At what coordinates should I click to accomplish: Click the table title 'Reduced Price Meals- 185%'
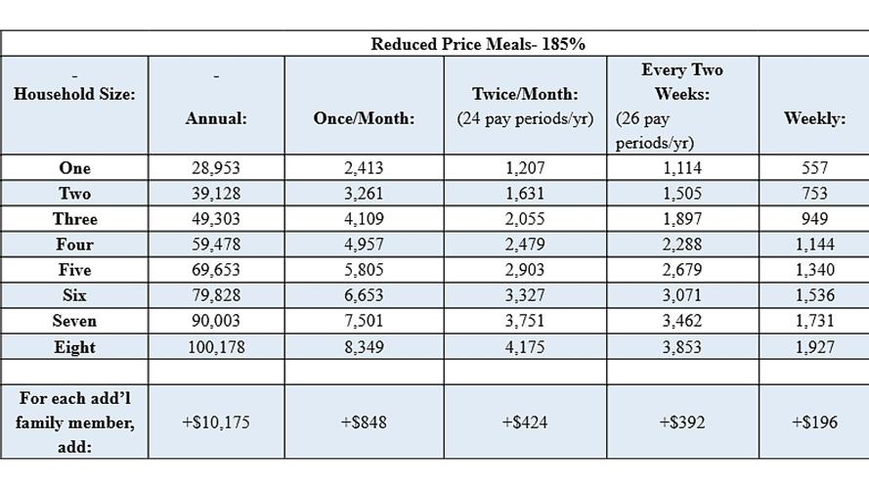(x=477, y=44)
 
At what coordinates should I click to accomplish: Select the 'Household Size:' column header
(x=74, y=95)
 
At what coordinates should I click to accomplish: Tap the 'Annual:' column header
(x=216, y=118)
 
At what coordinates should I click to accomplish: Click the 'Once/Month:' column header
(x=364, y=118)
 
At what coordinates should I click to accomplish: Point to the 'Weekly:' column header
(x=813, y=118)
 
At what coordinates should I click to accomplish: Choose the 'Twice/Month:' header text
(x=525, y=95)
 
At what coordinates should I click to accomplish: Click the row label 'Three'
(x=75, y=219)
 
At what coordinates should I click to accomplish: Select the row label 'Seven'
(x=75, y=321)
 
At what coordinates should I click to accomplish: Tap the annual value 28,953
(x=216, y=168)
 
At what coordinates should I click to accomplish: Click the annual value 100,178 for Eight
(x=216, y=346)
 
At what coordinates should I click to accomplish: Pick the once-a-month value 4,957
(x=364, y=244)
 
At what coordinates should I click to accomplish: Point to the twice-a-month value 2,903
(x=525, y=270)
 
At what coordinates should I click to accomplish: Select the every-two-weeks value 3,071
(x=682, y=295)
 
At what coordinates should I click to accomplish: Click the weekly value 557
(x=813, y=168)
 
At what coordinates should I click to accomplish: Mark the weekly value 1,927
(x=813, y=346)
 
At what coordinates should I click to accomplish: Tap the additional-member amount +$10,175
(x=216, y=422)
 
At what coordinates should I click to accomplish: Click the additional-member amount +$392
(x=682, y=422)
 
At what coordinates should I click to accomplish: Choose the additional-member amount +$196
(x=813, y=422)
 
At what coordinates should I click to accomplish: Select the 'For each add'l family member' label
(x=75, y=422)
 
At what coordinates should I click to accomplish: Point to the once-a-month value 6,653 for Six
(x=364, y=295)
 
